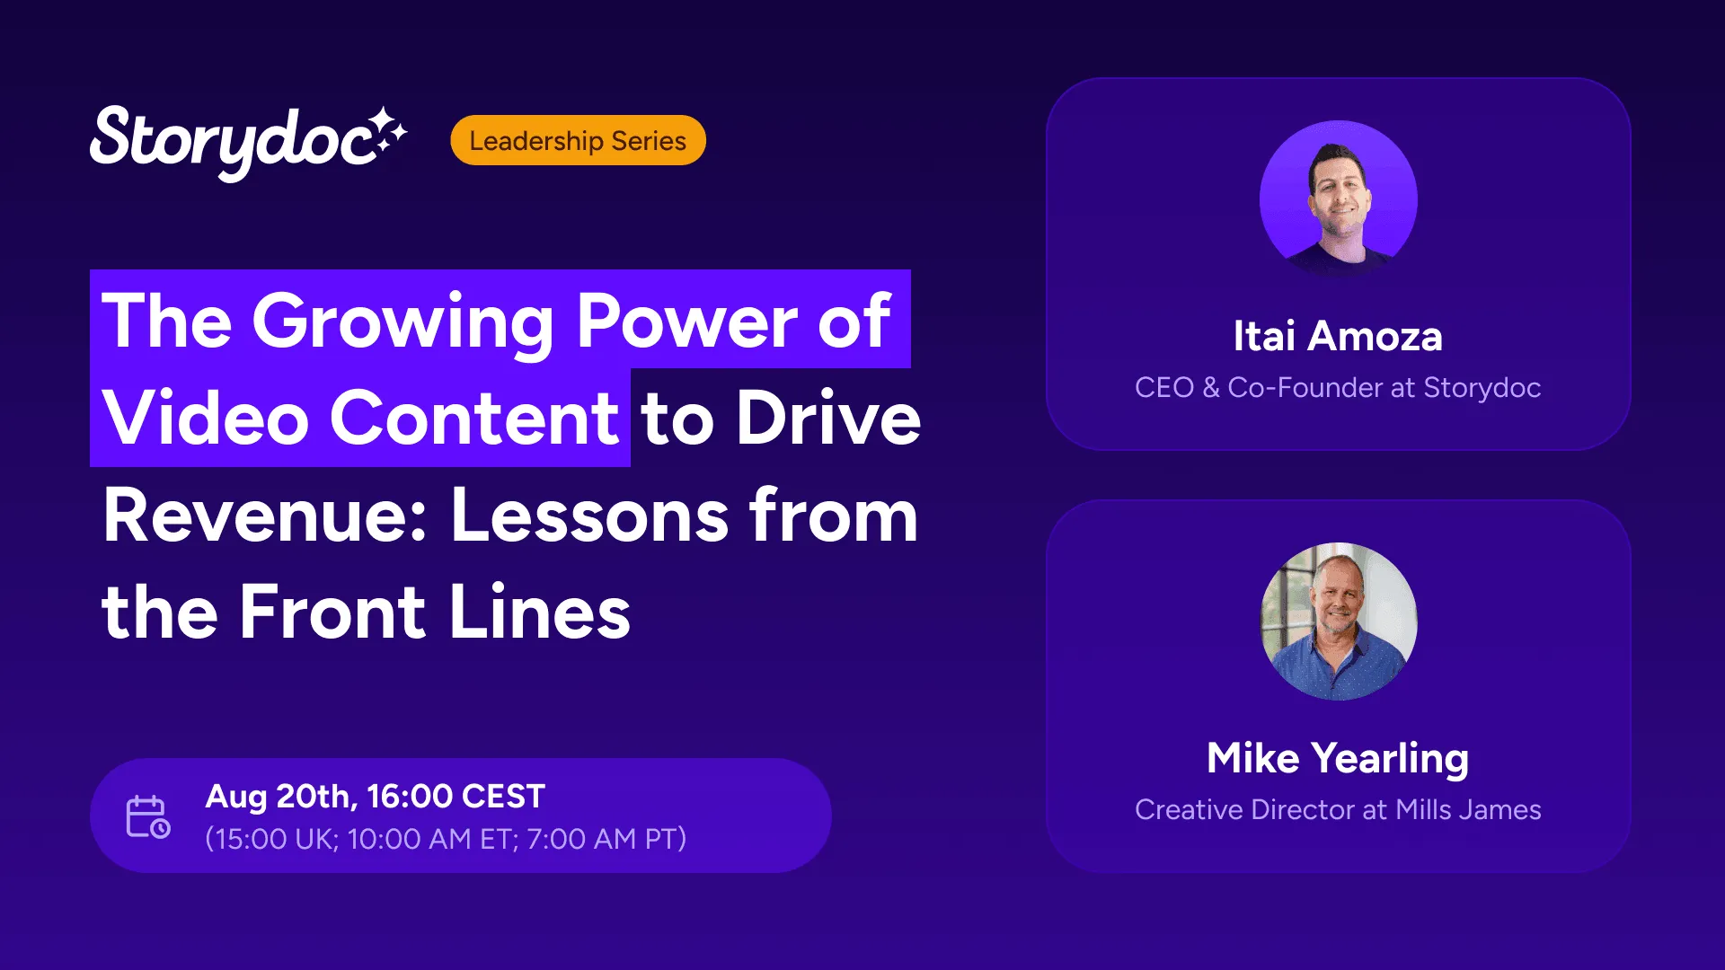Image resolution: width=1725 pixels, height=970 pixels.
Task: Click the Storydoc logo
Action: (248, 142)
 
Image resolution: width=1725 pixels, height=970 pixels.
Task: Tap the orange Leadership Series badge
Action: (578, 140)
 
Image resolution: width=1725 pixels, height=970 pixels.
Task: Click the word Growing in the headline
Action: (403, 322)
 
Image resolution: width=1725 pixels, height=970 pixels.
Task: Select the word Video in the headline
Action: (206, 418)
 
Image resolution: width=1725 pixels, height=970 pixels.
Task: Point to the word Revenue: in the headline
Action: (265, 516)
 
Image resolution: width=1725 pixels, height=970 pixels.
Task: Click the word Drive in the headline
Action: (828, 418)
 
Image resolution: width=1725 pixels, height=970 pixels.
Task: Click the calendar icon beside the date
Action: (147, 816)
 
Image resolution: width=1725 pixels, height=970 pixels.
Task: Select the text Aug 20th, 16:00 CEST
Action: (375, 797)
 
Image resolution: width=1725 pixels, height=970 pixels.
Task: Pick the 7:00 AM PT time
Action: (601, 839)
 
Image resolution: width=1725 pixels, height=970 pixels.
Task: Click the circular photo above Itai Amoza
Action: (1339, 199)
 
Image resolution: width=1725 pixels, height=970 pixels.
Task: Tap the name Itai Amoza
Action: (1338, 336)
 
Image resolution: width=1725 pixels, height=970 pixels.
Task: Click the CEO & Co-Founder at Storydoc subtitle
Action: (1338, 387)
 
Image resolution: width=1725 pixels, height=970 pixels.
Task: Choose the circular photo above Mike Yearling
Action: (1339, 622)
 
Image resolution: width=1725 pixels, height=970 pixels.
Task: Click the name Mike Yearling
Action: (1338, 759)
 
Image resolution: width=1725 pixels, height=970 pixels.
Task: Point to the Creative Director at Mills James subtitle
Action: (1338, 809)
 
